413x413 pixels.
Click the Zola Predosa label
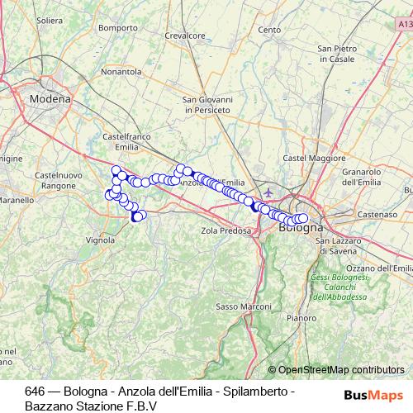pos(225,231)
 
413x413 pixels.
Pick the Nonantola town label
pos(121,72)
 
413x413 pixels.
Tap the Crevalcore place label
pos(185,36)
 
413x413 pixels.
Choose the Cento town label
pos(269,30)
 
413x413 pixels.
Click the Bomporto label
pos(117,27)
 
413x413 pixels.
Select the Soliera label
pos(49,19)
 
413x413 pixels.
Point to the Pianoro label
pos(301,317)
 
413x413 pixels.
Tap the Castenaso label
pos(377,214)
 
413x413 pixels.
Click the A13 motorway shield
pos(402,26)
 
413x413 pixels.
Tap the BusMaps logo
pos(373,395)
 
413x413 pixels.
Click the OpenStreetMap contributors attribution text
pos(341,370)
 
